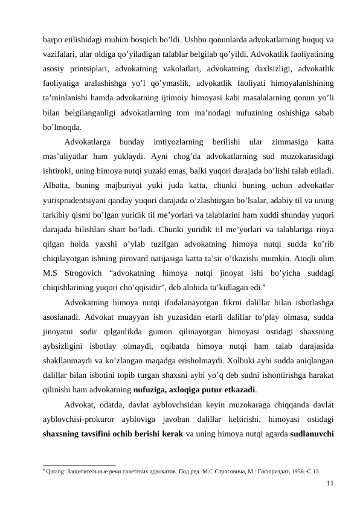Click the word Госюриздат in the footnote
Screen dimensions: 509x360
[262, 470]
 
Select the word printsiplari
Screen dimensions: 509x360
[90, 65]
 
